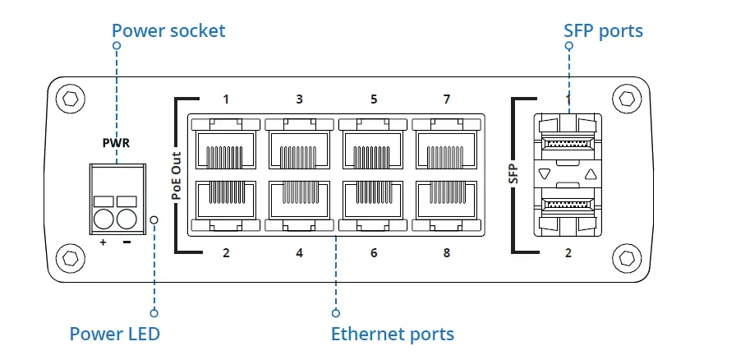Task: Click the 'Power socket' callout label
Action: click(168, 31)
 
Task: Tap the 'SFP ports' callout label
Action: click(604, 31)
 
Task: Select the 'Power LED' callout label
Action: click(114, 334)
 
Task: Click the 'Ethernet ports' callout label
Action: click(392, 334)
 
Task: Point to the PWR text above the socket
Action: click(116, 142)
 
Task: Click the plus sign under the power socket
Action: click(103, 243)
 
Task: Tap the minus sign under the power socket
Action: click(127, 243)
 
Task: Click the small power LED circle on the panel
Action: click(154, 219)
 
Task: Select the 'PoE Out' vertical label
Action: click(176, 175)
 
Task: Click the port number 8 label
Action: click(447, 252)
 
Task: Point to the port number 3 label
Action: click(299, 99)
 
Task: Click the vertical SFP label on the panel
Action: click(513, 174)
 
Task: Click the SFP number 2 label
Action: click(568, 252)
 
